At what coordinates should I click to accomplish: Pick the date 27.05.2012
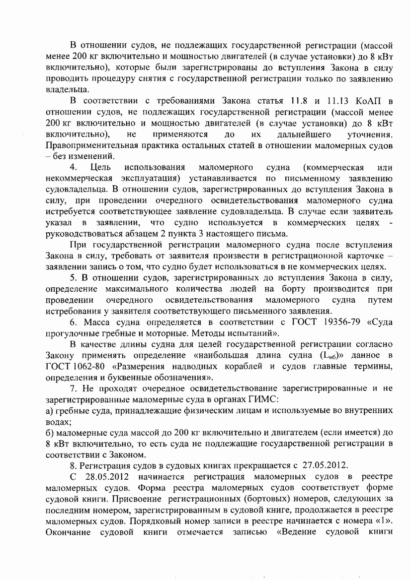pos(325,465)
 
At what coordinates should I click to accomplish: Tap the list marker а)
pos(49,410)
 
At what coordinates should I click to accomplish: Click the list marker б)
pos(49,432)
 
